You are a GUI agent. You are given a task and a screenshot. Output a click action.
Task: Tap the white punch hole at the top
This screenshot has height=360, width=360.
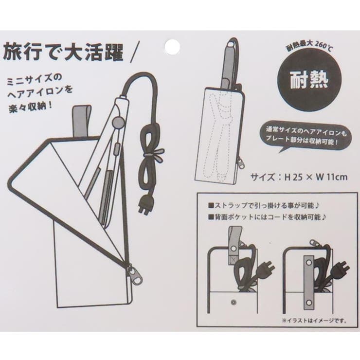point(172,46)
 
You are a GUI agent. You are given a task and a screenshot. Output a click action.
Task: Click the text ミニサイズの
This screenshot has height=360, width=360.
point(35,80)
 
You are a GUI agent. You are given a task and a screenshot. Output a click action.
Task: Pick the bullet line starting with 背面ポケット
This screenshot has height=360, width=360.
point(268,217)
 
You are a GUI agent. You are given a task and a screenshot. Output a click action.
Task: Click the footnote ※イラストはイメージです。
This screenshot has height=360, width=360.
point(315,320)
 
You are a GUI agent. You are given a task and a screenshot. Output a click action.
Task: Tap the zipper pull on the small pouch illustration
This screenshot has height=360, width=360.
point(241,162)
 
